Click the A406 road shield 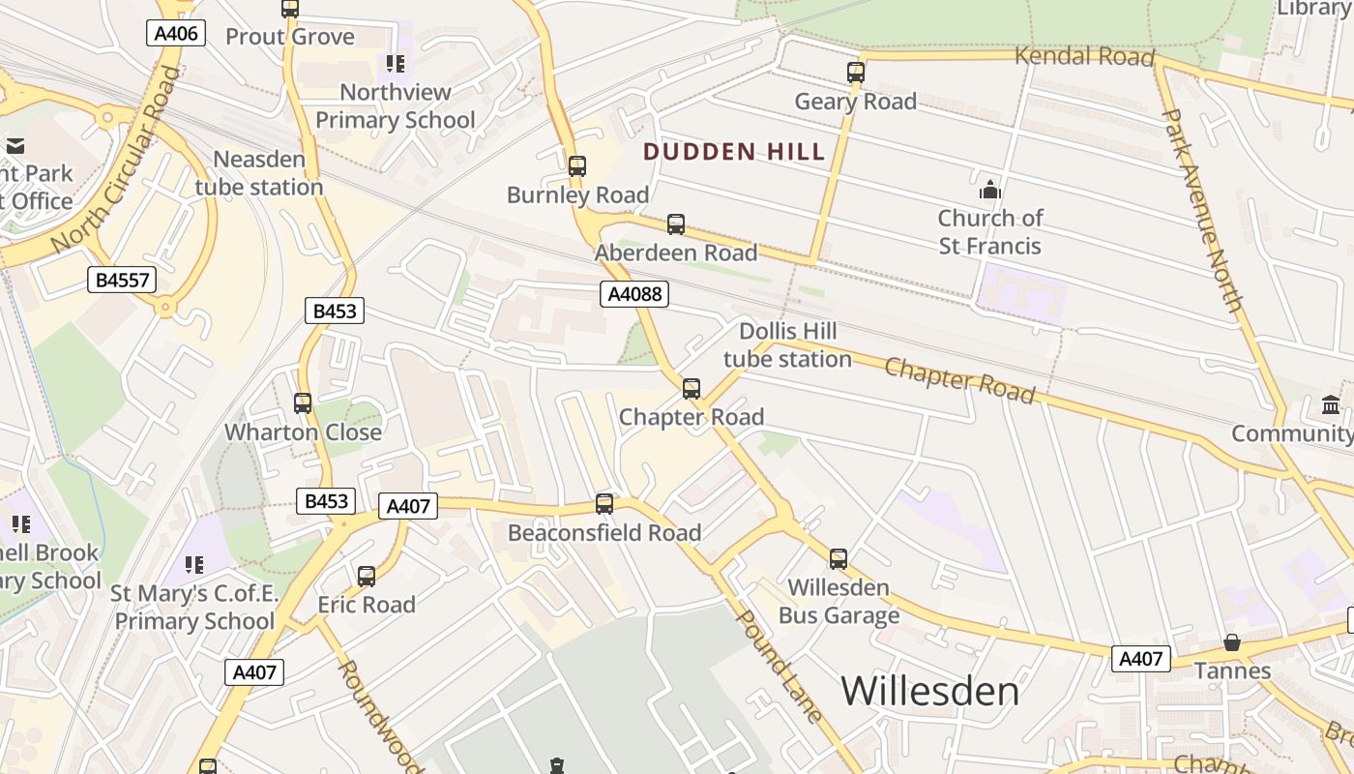(x=176, y=34)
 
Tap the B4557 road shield (x=122, y=281)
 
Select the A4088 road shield (x=634, y=294)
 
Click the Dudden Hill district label (x=734, y=152)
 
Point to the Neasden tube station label (x=259, y=173)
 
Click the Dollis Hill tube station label (x=787, y=345)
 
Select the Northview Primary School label (x=396, y=106)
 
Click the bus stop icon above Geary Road (x=855, y=73)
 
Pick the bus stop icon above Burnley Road (x=577, y=166)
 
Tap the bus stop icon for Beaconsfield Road (x=604, y=504)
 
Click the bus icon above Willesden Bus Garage (x=838, y=559)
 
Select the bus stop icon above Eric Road (x=366, y=577)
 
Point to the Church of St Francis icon (x=989, y=190)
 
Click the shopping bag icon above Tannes (x=1232, y=642)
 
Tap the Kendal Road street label (x=1084, y=56)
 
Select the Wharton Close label (x=304, y=432)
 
